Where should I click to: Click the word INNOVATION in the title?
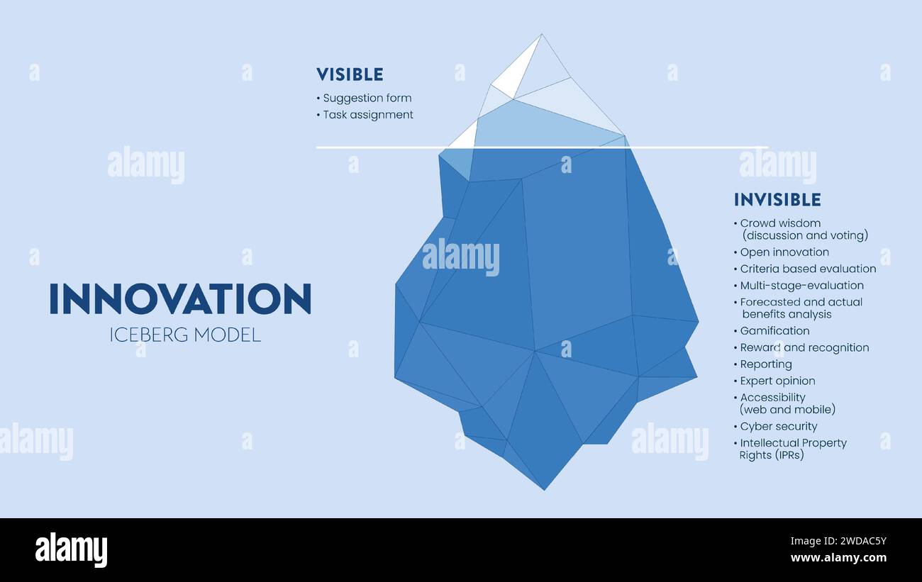[x=180, y=299]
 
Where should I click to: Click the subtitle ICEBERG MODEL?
[x=185, y=335]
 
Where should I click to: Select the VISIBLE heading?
[x=350, y=74]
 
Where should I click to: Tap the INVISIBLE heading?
[x=777, y=200]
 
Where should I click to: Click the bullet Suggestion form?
[x=367, y=98]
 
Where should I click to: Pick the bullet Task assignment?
[x=367, y=114]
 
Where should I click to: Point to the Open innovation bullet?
[x=784, y=252]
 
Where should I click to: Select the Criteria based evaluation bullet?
[x=808, y=269]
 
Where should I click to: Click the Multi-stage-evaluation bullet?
[x=801, y=285]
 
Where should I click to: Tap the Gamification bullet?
[x=774, y=330]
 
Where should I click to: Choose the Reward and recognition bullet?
[x=804, y=347]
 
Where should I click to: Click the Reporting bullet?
[x=766, y=364]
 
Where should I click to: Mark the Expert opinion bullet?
[x=777, y=381]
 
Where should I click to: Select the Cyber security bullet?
[x=779, y=426]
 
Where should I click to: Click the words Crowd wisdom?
[x=780, y=223]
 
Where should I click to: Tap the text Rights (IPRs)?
[x=772, y=455]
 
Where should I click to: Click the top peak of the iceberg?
[x=541, y=35]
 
